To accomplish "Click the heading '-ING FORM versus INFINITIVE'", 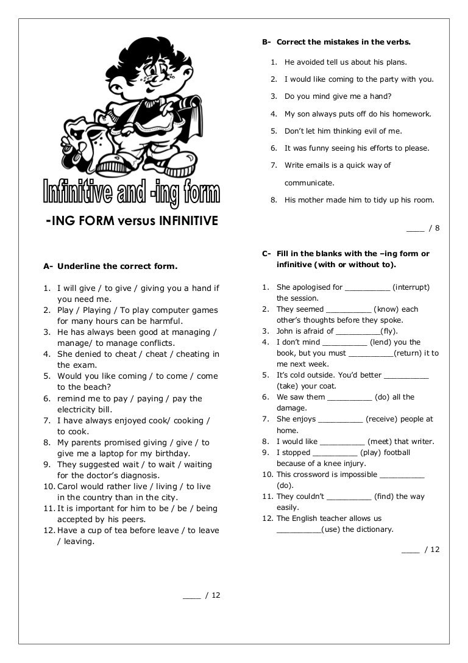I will [132, 221].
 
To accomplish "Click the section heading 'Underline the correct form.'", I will [117, 266].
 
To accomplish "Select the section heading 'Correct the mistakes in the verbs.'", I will [344, 42].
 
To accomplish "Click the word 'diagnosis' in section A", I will [140, 475].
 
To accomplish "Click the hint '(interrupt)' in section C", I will [411, 287].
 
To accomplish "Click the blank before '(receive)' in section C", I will [340, 420].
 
